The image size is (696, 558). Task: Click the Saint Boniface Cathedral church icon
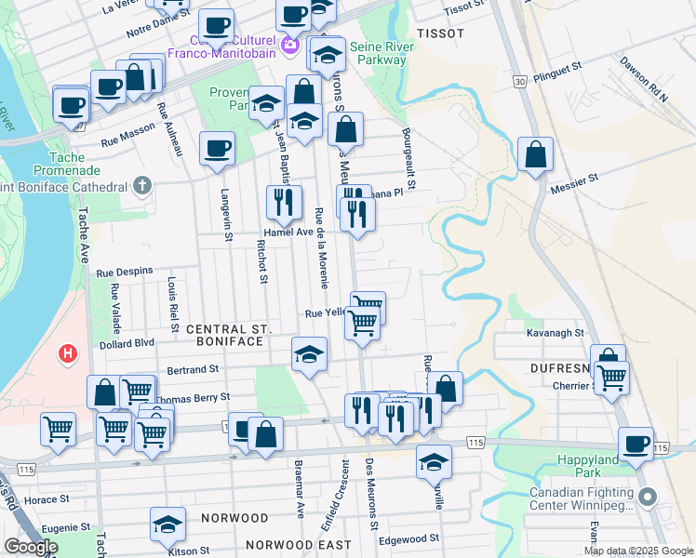coord(141,186)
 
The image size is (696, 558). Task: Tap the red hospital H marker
coord(67,354)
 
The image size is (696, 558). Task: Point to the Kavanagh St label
coord(554,332)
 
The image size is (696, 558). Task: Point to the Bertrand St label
coord(192,369)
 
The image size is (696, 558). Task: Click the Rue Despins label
coord(124,272)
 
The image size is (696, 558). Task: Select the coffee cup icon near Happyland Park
coord(636,444)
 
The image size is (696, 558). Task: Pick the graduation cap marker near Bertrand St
coord(309,353)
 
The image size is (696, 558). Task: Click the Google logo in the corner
coord(31,547)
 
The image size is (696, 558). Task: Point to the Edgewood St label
coord(408,538)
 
